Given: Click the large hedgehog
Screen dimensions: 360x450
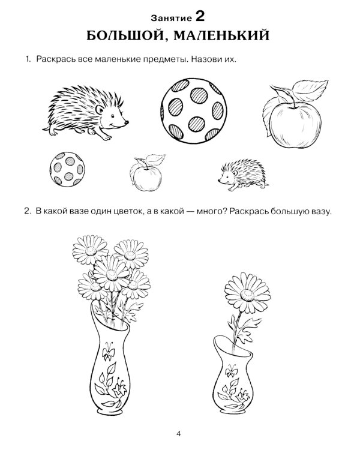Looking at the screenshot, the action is pyautogui.click(x=86, y=113).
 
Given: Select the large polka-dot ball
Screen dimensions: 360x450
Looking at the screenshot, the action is pyautogui.click(x=194, y=111).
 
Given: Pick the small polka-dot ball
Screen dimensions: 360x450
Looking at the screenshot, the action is pyautogui.click(x=67, y=169).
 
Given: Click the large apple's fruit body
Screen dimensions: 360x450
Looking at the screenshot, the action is pyautogui.click(x=295, y=125).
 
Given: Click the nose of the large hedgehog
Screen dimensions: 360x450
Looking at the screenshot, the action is pyautogui.click(x=127, y=122).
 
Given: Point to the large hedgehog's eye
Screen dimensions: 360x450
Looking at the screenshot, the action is pyautogui.click(x=113, y=116).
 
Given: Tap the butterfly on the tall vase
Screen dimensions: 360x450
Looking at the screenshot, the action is pyautogui.click(x=109, y=351).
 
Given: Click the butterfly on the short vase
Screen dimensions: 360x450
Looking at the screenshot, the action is pyautogui.click(x=231, y=371).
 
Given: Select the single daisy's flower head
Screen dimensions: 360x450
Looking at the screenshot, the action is pyautogui.click(x=247, y=293).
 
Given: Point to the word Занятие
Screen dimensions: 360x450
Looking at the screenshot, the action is pyautogui.click(x=172, y=19).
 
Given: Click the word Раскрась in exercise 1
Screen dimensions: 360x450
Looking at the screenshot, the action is pyautogui.click(x=53, y=59).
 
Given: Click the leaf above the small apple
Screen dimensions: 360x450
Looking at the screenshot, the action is pyautogui.click(x=155, y=159).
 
